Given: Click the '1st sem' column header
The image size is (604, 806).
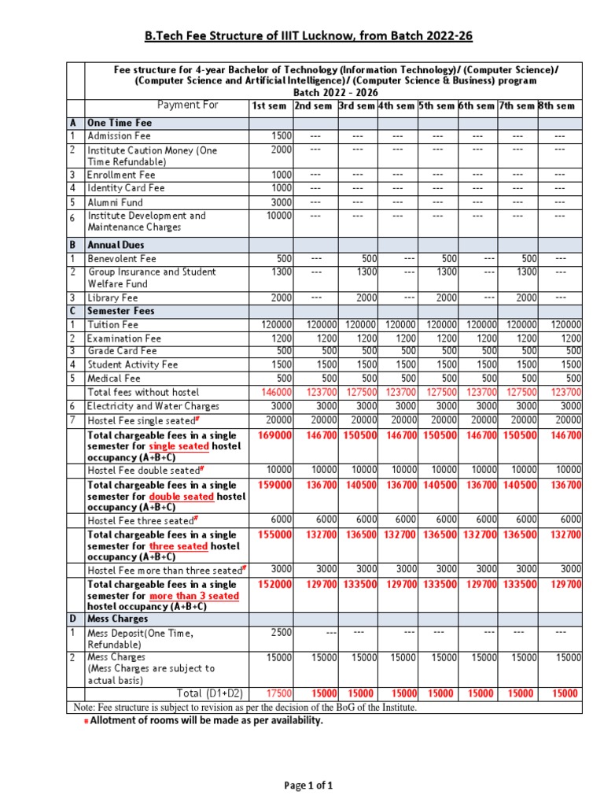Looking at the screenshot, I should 269,106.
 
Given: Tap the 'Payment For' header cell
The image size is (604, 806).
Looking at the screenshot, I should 188,105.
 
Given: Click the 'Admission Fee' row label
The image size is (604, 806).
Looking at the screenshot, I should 119,136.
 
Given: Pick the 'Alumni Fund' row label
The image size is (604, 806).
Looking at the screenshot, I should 115,202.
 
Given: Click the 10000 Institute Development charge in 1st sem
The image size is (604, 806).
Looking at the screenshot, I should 278,216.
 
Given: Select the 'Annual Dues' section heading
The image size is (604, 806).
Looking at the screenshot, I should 116,245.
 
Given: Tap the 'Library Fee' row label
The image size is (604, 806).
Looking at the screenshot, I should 112,298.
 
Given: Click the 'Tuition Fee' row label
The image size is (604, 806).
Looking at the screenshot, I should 112,324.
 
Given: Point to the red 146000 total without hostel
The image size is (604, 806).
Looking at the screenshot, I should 275,392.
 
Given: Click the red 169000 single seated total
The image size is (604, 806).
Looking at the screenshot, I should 275,434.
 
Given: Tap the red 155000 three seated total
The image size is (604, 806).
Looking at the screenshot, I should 275,534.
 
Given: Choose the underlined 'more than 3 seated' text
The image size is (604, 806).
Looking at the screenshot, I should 193,597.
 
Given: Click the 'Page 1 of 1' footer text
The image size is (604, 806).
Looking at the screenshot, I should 308,785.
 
